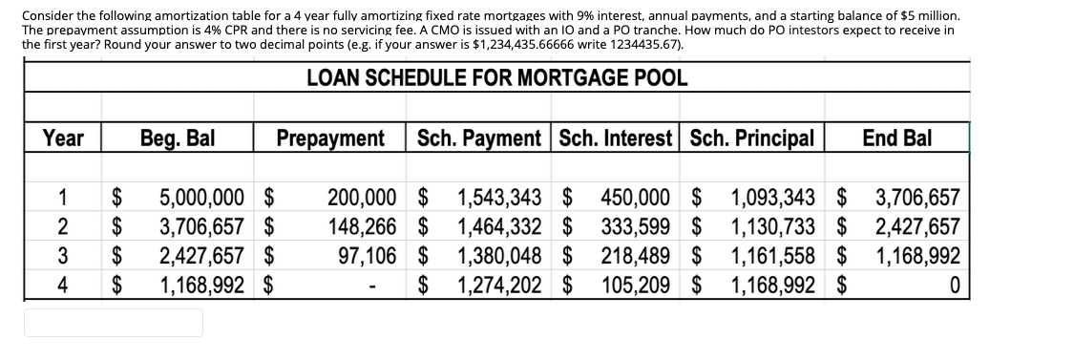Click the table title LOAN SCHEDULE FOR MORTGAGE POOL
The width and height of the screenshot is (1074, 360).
[496, 78]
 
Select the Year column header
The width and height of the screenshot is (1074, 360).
[63, 139]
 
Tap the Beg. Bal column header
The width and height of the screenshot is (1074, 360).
[178, 139]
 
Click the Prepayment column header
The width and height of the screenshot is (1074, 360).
[330, 139]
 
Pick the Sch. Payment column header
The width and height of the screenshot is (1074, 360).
[480, 139]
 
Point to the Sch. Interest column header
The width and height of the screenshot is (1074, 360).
[617, 139]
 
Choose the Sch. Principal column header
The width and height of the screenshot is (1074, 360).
[751, 139]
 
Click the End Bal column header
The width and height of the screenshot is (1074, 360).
[896, 139]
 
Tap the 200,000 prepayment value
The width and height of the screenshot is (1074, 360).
[361, 200]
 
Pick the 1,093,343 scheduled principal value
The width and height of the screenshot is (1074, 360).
[772, 200]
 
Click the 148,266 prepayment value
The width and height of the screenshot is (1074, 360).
[361, 228]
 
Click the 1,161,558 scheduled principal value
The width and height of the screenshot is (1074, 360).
[772, 257]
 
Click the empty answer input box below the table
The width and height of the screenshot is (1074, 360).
[114, 323]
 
